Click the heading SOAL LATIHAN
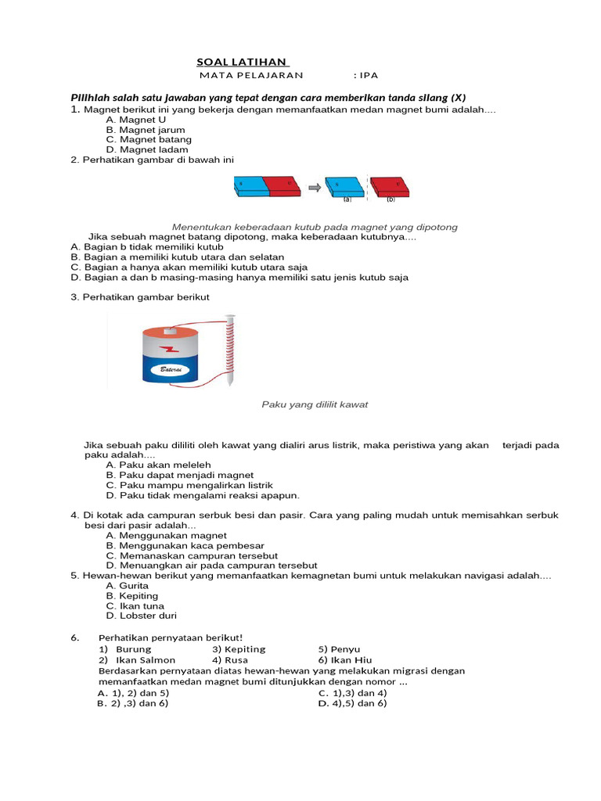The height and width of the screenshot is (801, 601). [243, 62]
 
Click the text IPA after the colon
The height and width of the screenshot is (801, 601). [368, 75]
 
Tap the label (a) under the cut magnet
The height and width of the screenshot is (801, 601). [347, 199]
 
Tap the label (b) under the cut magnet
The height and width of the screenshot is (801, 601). [390, 199]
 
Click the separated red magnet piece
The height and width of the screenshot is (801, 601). [389, 186]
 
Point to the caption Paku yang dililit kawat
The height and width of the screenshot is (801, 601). [314, 404]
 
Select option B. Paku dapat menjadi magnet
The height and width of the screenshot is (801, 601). [179, 475]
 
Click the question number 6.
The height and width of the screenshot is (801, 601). [75, 638]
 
